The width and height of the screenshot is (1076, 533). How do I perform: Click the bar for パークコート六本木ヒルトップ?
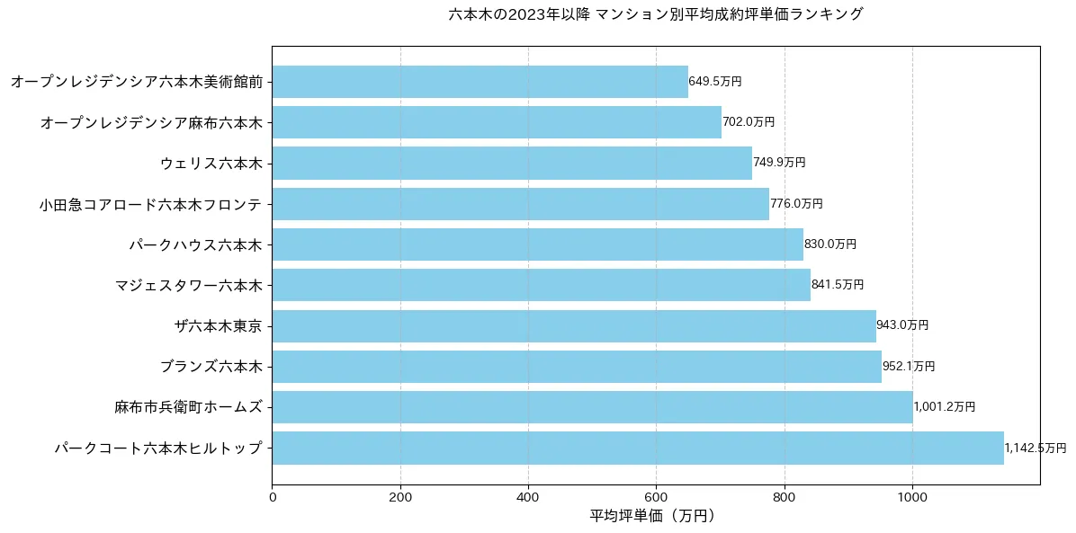click(x=637, y=448)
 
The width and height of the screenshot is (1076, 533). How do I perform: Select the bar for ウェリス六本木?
click(x=511, y=163)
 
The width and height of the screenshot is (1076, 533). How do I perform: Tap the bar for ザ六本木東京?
click(x=573, y=325)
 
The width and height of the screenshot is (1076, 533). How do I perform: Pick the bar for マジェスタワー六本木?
click(x=541, y=285)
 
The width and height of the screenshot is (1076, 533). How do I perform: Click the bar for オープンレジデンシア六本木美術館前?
click(x=480, y=82)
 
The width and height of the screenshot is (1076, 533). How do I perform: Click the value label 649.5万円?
click(x=715, y=82)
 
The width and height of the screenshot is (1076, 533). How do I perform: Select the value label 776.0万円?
click(x=796, y=204)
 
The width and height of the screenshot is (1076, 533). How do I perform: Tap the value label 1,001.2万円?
click(x=944, y=407)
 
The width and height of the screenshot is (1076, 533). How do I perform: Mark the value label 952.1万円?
click(x=909, y=367)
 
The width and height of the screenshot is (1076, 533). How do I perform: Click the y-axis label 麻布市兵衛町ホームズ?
click(x=189, y=407)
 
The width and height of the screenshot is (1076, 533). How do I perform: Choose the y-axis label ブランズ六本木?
click(x=211, y=367)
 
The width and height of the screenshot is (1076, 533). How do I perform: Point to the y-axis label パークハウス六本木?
click(x=196, y=244)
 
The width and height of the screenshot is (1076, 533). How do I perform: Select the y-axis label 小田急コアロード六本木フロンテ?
click(x=151, y=204)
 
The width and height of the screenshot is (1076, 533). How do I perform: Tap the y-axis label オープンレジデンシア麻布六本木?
click(x=151, y=122)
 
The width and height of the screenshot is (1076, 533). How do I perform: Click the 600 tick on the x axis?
click(x=656, y=495)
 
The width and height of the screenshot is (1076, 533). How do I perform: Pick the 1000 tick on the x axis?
click(x=912, y=495)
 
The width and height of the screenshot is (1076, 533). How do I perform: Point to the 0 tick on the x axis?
click(x=272, y=495)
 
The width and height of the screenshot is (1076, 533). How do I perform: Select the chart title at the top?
click(x=655, y=14)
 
